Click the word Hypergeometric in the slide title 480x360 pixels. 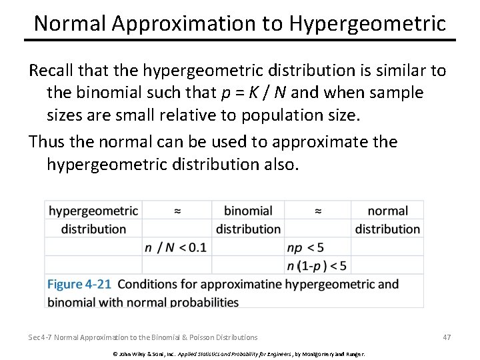(367, 23)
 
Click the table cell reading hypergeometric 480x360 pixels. (93, 211)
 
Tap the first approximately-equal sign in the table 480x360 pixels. (177, 211)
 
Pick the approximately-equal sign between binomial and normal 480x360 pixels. (317, 211)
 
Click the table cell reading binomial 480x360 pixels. (248, 211)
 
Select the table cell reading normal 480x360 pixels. (387, 211)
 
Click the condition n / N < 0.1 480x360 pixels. (175, 247)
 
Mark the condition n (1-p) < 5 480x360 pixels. (317, 265)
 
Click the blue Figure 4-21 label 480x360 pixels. (79, 284)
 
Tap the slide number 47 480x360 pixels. (447, 337)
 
